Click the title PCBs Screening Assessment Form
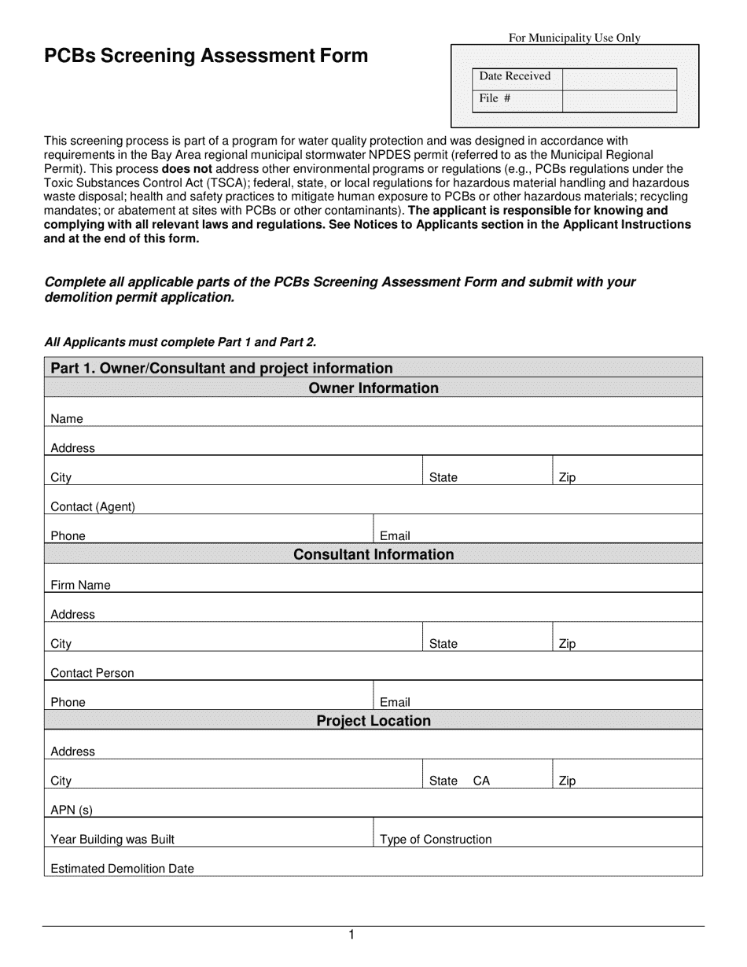point(205,56)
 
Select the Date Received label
point(515,76)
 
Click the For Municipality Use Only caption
point(575,37)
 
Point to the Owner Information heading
point(373,388)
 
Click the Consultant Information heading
point(373,554)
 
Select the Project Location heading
point(373,721)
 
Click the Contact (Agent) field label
point(93,507)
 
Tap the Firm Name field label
point(80,585)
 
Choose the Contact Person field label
point(92,673)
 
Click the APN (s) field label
point(72,810)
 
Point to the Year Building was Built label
point(112,839)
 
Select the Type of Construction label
point(436,839)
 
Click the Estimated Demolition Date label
point(122,869)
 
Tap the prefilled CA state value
point(481,781)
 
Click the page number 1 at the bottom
point(351,935)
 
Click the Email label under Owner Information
point(395,536)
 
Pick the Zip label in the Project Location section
point(567,781)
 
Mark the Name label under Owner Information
point(67,419)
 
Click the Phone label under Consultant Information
point(68,702)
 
